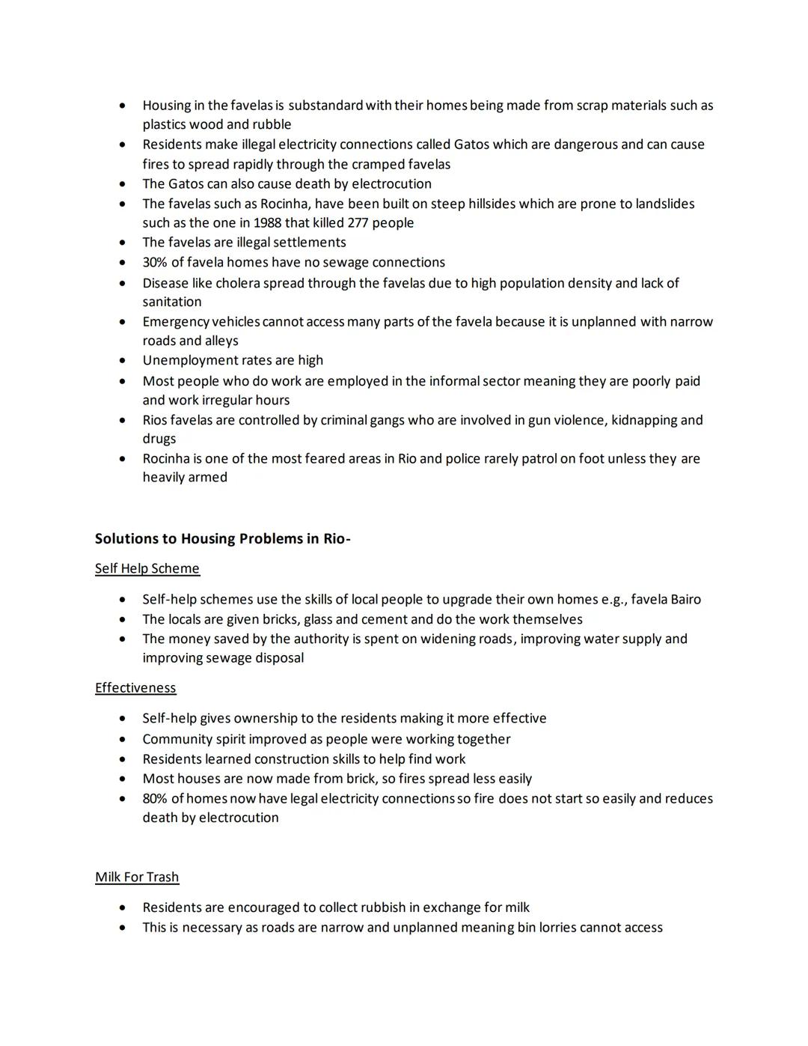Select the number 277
(362, 223)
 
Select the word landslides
(665, 204)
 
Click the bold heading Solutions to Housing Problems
(222, 539)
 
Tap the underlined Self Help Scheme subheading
(147, 568)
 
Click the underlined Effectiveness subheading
(135, 688)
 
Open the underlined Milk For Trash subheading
(137, 877)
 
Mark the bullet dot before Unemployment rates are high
(122, 361)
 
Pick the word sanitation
(172, 302)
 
